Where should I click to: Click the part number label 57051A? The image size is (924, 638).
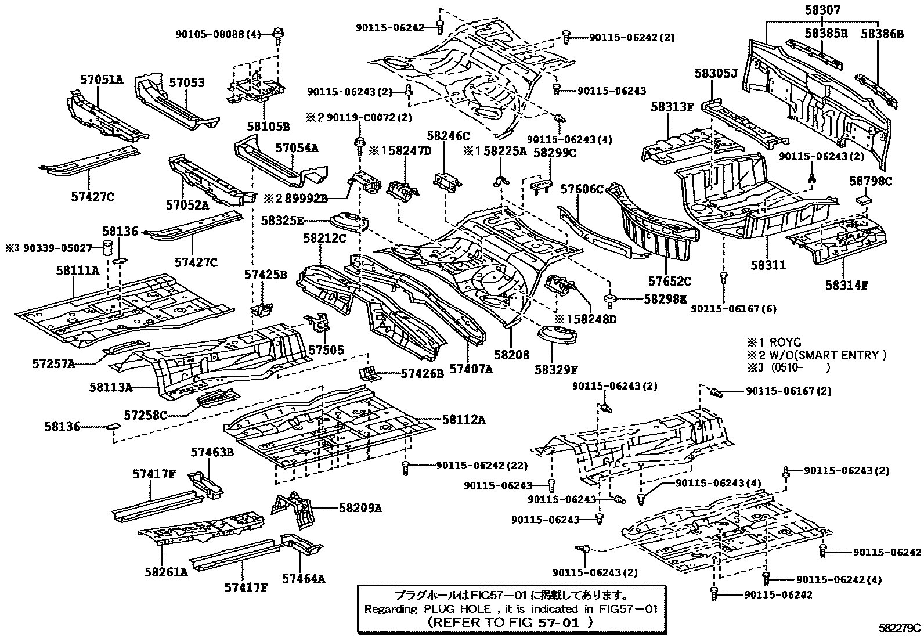(x=102, y=80)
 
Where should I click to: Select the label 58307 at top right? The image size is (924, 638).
(x=822, y=10)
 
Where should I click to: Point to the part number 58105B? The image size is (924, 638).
(x=268, y=127)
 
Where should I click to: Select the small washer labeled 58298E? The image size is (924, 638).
(x=611, y=299)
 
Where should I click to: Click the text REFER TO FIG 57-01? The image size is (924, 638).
(x=510, y=622)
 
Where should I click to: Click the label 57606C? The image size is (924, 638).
(x=582, y=189)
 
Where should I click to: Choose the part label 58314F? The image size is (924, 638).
(x=847, y=285)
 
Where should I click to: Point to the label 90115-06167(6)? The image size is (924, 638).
(x=734, y=309)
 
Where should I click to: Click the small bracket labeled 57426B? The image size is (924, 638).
(x=369, y=373)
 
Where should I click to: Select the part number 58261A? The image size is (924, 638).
(x=166, y=572)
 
